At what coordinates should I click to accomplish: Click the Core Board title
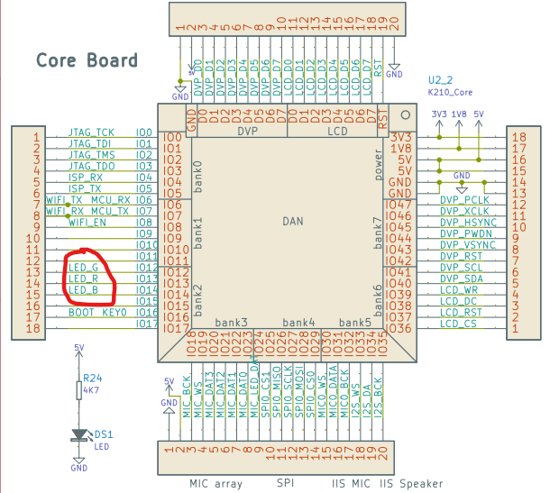[x=87, y=60]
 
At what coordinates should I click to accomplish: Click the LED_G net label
[x=83, y=268]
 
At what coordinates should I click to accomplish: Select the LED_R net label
[x=83, y=279]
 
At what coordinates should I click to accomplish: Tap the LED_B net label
[x=83, y=290]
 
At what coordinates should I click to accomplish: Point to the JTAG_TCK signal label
[x=91, y=132]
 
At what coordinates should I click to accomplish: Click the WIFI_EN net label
[x=87, y=222]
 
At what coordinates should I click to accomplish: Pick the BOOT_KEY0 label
[x=97, y=313]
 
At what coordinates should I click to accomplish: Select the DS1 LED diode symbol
[x=78, y=434]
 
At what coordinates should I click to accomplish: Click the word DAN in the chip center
[x=293, y=221]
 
